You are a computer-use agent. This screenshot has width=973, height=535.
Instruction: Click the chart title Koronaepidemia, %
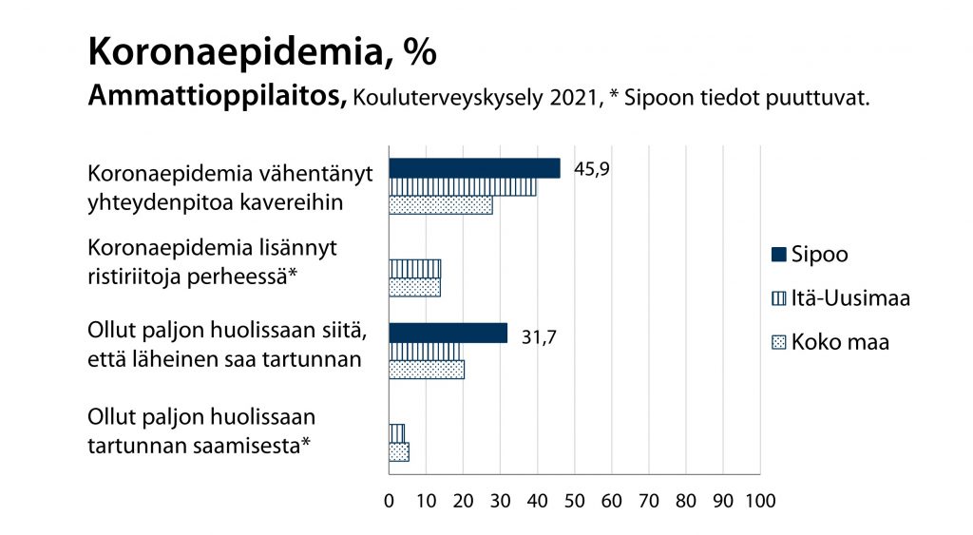261,52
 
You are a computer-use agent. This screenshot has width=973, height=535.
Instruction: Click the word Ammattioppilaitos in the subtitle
216,97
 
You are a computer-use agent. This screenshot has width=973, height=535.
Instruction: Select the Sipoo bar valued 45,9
474,168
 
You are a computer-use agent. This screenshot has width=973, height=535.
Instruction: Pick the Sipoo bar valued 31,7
448,333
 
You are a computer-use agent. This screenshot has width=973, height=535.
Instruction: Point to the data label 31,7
540,334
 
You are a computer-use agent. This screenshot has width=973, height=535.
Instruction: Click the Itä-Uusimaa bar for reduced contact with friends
462,186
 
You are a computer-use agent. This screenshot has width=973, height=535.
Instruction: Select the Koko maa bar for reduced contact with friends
440,204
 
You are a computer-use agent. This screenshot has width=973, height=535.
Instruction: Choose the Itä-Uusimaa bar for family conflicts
414,268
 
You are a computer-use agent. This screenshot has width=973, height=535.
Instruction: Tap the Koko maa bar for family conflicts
414,286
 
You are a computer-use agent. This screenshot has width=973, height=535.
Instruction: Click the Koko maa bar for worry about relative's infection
427,370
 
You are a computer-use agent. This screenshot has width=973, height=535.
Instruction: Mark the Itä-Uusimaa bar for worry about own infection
396,433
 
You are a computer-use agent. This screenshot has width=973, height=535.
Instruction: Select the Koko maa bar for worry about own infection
399,452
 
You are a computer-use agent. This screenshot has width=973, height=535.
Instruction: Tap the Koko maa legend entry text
840,342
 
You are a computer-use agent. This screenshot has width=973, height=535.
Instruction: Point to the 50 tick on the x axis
574,500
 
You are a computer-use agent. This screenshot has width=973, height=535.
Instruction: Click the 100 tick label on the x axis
759,500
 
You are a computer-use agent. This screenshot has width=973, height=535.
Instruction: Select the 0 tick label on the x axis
389,500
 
